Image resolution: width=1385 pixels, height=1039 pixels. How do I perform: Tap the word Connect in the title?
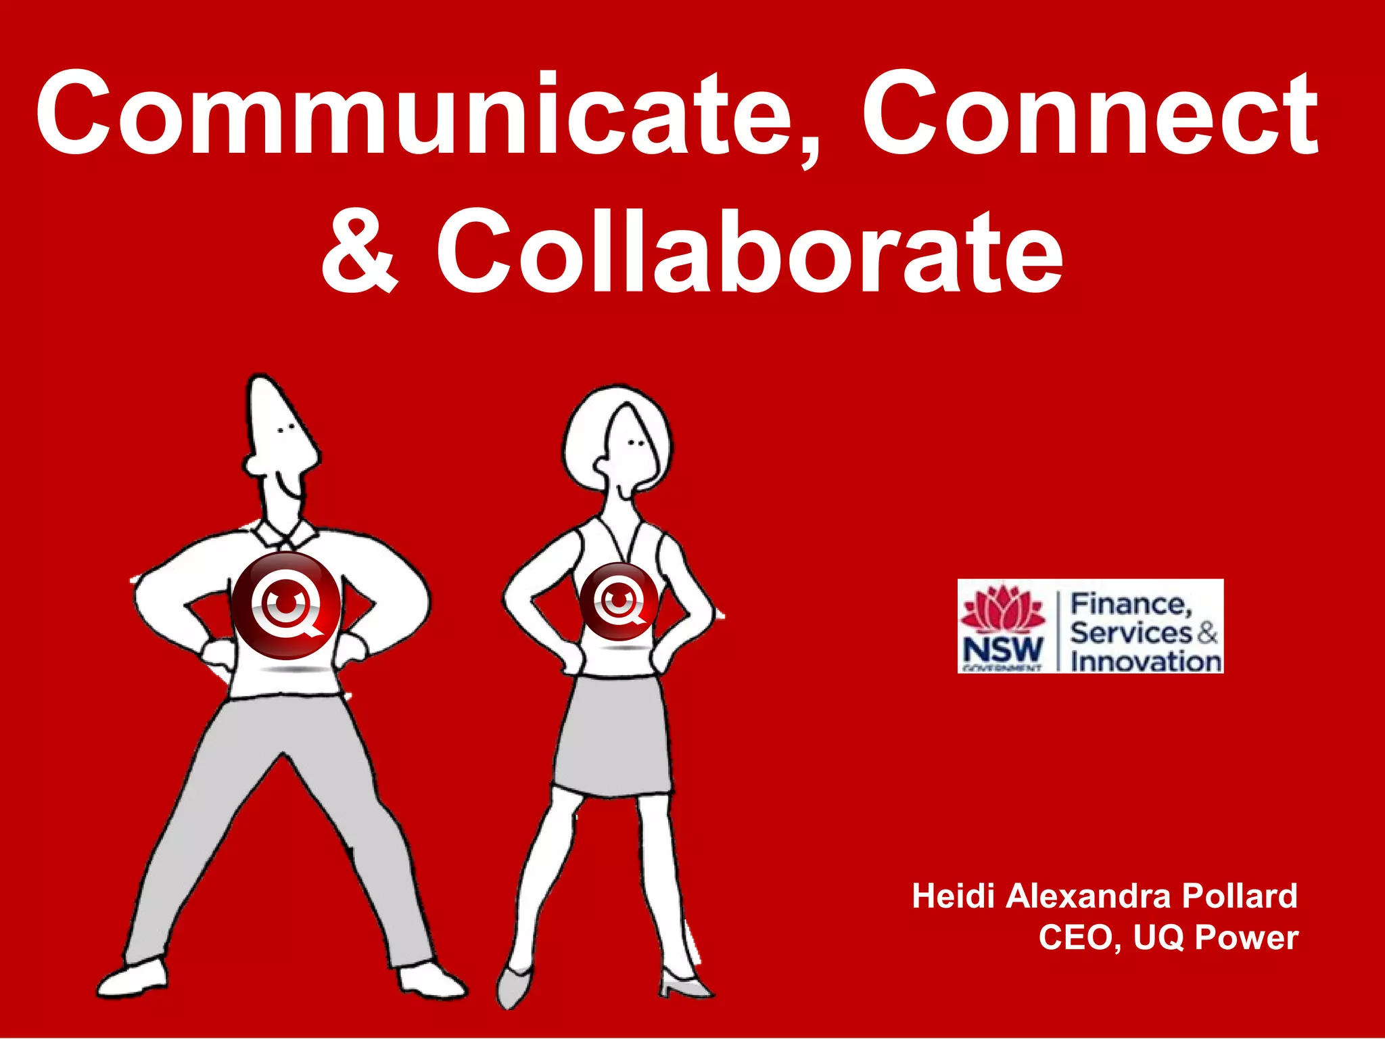click(1089, 115)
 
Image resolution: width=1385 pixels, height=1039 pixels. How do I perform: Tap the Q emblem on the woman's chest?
click(618, 601)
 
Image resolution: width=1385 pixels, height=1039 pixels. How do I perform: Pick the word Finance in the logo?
click(1130, 604)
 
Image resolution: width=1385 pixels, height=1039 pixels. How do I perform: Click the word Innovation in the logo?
click(1146, 661)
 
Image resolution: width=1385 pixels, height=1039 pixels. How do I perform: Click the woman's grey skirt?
click(611, 737)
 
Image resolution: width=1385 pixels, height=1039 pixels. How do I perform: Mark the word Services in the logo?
click(1130, 633)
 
